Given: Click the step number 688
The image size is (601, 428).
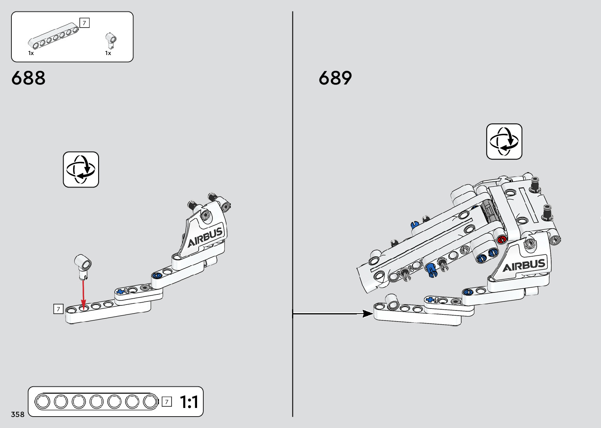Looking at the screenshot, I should click(x=28, y=78).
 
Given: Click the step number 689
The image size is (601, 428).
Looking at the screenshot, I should click(x=335, y=78).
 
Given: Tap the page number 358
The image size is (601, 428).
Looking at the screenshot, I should click(x=18, y=414).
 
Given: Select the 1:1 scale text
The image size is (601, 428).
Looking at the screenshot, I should click(x=189, y=402).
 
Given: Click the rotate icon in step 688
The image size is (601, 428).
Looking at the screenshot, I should click(x=81, y=169).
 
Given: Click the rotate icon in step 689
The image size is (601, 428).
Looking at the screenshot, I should click(x=504, y=141).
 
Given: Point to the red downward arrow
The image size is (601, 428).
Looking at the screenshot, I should click(x=83, y=293).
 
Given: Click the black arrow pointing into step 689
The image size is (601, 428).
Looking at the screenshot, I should click(x=334, y=313).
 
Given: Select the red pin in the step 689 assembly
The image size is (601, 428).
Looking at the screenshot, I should click(x=501, y=239).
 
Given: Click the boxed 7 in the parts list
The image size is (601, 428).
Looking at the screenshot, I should click(x=84, y=23).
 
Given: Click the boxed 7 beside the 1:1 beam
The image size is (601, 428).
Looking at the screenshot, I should click(x=167, y=402).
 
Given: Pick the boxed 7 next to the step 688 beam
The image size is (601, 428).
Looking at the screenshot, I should click(x=58, y=309).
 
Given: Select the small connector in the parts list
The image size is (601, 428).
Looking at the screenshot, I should click(x=111, y=40).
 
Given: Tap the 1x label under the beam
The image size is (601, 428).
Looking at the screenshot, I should click(x=31, y=53).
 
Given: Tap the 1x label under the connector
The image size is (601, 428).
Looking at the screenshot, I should click(x=108, y=53).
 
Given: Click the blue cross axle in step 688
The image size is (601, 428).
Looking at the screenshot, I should click(x=121, y=291).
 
